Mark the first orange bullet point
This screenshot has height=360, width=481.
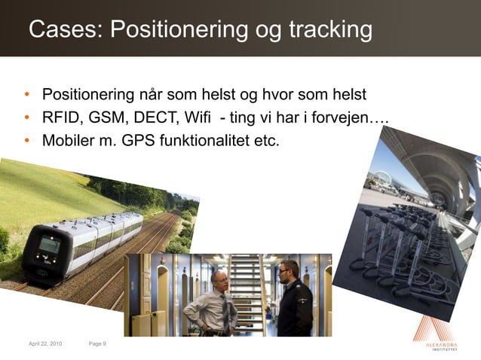tap(26, 96)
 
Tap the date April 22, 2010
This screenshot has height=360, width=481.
tap(45, 343)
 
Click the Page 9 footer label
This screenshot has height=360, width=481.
tap(97, 343)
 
